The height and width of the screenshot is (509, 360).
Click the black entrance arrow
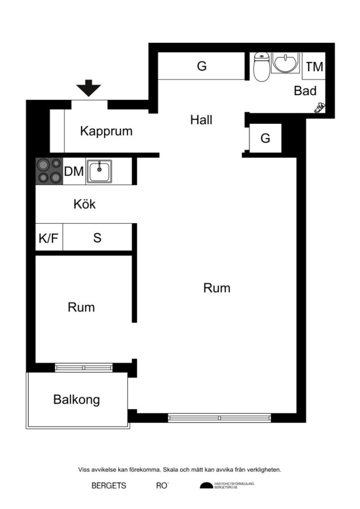pos(89,88)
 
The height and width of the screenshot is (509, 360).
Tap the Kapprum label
pos(106,132)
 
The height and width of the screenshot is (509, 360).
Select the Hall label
pos(201,120)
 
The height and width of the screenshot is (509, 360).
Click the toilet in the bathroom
pos(261,68)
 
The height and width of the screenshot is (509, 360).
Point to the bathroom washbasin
pos(284,63)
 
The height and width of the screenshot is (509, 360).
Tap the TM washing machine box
pos(314,67)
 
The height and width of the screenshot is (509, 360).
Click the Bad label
pos(305,91)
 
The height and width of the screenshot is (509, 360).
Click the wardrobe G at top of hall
pos(201,66)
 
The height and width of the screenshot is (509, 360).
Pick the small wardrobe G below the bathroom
pos(266,139)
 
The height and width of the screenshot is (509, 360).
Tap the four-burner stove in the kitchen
pos(49,171)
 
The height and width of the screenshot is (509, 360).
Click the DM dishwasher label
pos(74,172)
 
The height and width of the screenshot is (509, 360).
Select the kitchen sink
pos(100,171)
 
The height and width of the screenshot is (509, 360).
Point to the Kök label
pos(84,204)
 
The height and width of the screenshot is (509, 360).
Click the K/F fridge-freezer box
pos(49,238)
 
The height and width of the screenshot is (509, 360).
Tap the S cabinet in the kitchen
pos(97,238)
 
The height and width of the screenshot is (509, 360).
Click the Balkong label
pos(77,400)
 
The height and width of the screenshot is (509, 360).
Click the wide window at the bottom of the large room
pos(219,418)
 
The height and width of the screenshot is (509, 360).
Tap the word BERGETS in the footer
pos(108,486)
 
